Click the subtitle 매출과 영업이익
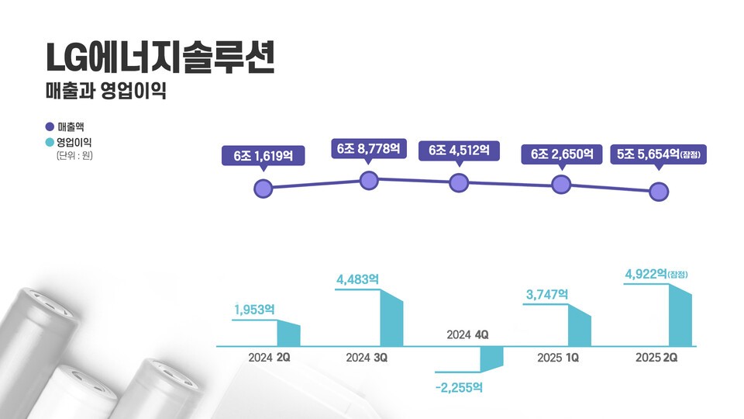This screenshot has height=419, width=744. click(x=106, y=91)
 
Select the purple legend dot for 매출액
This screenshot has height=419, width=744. click(x=50, y=126)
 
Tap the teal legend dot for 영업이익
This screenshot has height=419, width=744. click(x=50, y=143)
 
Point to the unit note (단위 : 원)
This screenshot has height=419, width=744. click(x=74, y=157)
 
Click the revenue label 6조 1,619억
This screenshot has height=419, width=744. click(x=263, y=155)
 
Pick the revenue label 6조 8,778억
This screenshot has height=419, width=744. click(x=368, y=148)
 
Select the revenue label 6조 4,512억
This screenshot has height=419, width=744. click(x=459, y=151)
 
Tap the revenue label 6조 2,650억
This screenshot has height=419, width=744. click(x=562, y=154)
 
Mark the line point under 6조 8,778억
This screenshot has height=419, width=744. click(x=369, y=182)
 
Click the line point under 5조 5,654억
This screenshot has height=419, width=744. click(x=659, y=192)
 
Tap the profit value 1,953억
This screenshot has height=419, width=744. click(x=254, y=309)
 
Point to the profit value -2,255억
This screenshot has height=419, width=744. click(x=460, y=386)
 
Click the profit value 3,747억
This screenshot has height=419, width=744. click(x=546, y=294)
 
